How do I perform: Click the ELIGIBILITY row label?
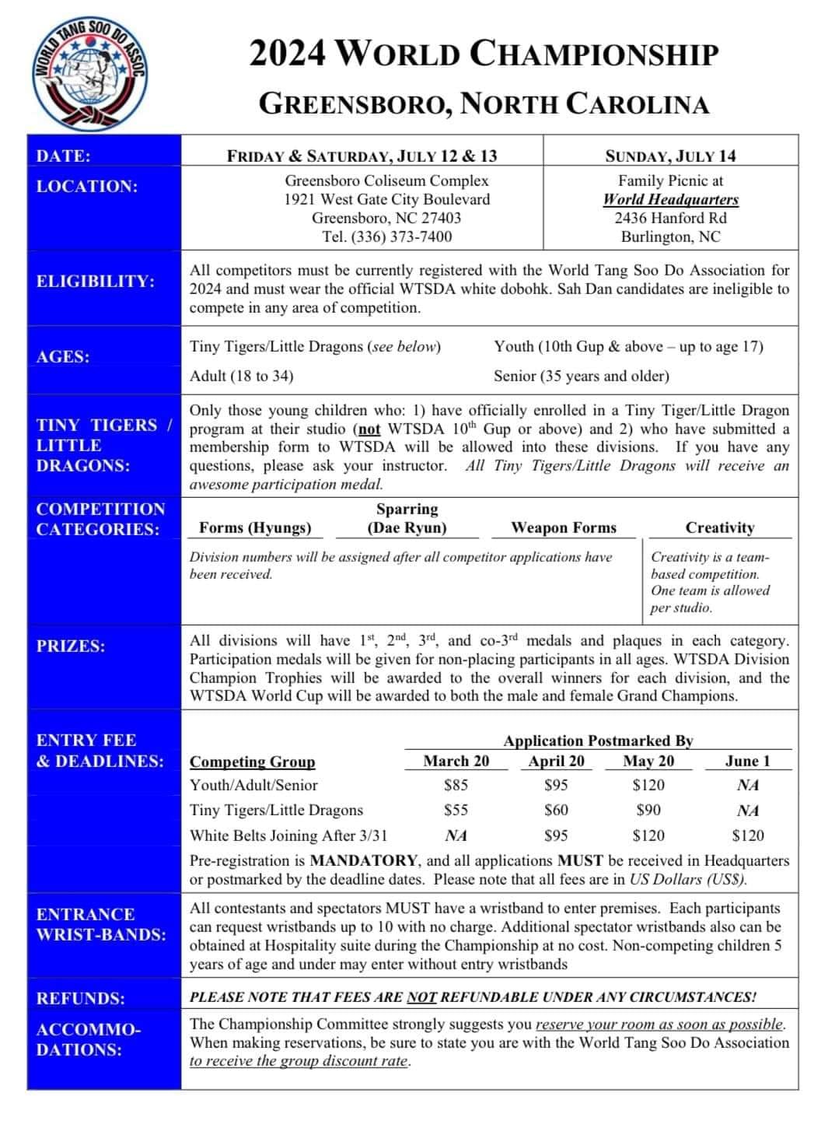[x=95, y=281]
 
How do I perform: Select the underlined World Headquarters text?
[x=670, y=199]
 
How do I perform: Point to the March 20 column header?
[x=456, y=761]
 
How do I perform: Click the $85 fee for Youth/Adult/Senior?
[x=456, y=785]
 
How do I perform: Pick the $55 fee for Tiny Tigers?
[x=456, y=810]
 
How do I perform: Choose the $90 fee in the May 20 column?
[x=648, y=810]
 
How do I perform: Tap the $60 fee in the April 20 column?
[x=556, y=810]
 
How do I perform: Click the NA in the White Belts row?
[x=456, y=835]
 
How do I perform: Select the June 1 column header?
[x=747, y=761]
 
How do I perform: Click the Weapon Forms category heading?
[x=564, y=527]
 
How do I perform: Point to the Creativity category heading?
[x=720, y=527]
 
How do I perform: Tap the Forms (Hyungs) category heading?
[x=255, y=527]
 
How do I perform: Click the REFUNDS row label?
[x=80, y=998]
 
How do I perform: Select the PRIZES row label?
[x=70, y=646]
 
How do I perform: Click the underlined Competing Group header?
[x=253, y=762]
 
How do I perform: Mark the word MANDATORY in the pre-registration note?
[x=364, y=860]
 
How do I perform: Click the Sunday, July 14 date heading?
[x=670, y=156]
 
